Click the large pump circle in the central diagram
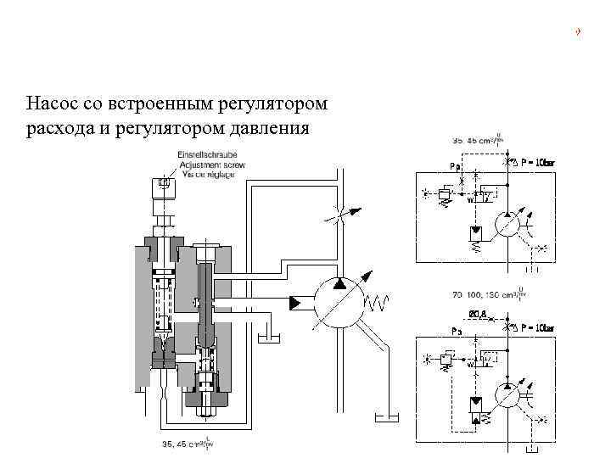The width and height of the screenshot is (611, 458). [x=339, y=301]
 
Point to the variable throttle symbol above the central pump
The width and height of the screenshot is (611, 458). [x=339, y=215]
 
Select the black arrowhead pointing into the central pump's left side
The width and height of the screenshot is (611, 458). [x=297, y=301]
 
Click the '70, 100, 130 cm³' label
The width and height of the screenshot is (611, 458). [x=492, y=297]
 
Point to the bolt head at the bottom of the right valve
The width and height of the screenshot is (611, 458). [x=205, y=412]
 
